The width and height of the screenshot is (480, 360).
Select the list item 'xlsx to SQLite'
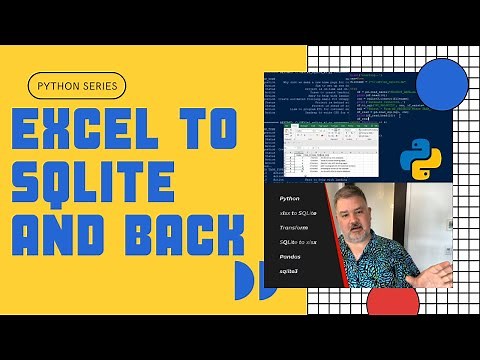[x=299, y=214]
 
